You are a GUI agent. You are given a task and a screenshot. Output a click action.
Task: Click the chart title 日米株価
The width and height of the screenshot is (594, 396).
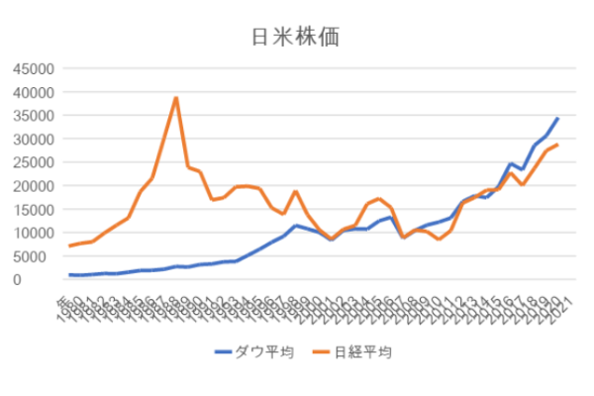point(297,37)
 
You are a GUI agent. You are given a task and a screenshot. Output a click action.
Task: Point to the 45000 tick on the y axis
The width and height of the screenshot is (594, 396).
point(30,68)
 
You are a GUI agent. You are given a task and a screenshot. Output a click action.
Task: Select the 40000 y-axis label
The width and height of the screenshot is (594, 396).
point(30,92)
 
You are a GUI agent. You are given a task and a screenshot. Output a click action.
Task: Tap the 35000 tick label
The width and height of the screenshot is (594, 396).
point(30,115)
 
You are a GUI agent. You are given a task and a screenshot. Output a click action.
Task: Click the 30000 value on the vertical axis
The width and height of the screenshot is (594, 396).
point(30,139)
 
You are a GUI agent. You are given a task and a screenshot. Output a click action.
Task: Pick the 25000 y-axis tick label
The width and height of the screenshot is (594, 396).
point(30,162)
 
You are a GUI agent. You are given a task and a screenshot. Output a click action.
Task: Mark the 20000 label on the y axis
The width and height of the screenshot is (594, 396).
point(30,186)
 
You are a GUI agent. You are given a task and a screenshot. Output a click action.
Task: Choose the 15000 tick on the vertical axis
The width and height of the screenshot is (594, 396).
point(30,209)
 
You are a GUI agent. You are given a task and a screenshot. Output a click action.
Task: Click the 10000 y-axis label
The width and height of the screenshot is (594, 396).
point(30,233)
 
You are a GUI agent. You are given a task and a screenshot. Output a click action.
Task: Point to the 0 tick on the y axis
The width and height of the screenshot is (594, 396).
point(45,280)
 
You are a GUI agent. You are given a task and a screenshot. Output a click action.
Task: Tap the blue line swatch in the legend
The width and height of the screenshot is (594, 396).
point(225,351)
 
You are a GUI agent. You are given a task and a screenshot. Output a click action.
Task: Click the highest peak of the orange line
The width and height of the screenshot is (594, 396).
point(175,98)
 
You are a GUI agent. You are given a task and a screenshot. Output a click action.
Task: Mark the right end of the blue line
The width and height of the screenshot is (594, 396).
point(557,119)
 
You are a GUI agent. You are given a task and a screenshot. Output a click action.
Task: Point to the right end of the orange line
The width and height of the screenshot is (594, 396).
point(557,146)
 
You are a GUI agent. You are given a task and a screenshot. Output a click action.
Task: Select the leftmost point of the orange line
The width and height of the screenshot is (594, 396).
point(70,246)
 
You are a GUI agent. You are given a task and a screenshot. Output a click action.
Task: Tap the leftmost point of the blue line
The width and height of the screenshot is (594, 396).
point(70,275)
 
